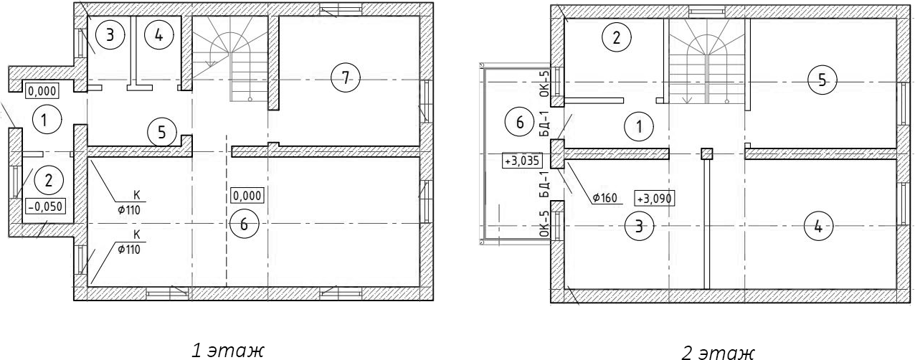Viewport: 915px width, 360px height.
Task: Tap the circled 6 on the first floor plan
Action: (244, 224)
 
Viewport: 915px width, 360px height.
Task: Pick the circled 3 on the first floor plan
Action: (110, 35)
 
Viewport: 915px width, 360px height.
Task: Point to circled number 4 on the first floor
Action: (159, 35)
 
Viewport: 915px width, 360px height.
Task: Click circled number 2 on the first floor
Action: (49, 181)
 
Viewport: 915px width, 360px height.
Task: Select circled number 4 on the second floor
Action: (817, 227)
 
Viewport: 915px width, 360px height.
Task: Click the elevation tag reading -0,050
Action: (45, 207)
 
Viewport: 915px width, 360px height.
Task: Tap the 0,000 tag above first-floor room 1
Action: (42, 90)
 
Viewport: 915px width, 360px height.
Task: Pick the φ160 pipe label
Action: (607, 198)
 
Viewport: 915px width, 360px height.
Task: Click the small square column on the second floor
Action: (706, 153)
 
